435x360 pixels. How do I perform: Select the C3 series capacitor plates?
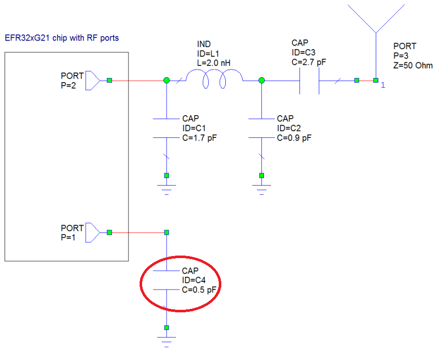[x=309, y=80]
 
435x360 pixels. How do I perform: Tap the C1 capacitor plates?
[x=166, y=128]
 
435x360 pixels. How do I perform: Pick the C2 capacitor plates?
[x=261, y=128]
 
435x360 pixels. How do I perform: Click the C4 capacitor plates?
[x=166, y=280]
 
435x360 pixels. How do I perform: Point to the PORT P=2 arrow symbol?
[x=92, y=80]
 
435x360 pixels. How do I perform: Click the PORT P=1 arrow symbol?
[x=92, y=232]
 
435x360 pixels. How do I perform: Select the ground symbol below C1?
[x=166, y=188]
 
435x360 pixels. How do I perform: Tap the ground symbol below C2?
[x=261, y=189]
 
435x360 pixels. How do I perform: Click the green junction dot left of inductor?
[x=166, y=80]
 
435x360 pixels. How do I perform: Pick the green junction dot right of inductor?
[x=261, y=80]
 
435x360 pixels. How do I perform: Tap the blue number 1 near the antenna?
[x=383, y=85]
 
